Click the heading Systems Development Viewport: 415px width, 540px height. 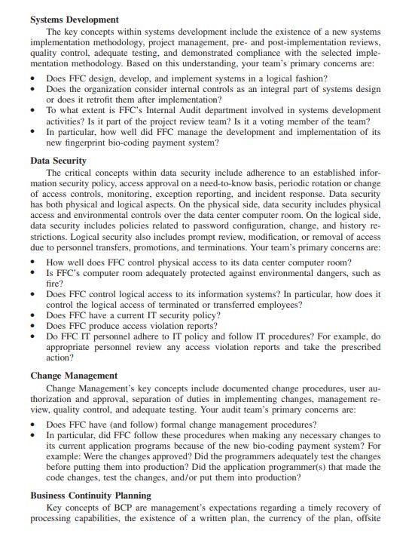75,19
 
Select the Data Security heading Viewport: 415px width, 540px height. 58,161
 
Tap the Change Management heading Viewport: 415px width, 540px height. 74,375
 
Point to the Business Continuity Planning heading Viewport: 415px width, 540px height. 90,495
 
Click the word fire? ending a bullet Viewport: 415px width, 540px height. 56,284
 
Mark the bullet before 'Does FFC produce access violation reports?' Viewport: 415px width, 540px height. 34,326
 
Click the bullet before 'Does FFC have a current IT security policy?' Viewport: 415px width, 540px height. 34,315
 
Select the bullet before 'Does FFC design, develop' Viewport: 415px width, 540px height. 34,78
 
